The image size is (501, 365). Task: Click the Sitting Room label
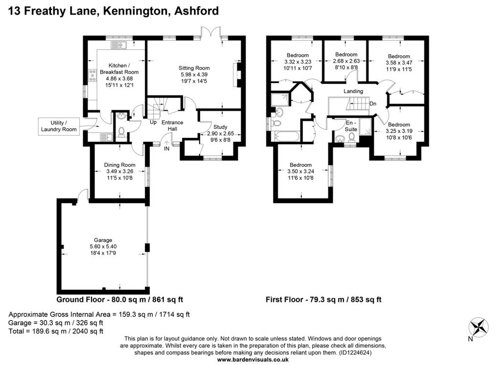[194, 68]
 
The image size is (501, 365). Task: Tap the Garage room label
[103, 240]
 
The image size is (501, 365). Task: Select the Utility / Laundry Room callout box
[59, 126]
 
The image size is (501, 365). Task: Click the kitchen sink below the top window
[119, 45]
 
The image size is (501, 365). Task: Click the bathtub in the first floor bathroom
[287, 137]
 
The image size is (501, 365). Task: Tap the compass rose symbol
[478, 327]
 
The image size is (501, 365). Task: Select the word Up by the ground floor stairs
[153, 122]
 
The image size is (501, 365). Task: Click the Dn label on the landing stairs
[373, 104]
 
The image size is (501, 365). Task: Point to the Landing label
[353, 91]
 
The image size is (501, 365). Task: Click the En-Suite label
[351, 126]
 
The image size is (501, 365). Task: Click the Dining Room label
[119, 165]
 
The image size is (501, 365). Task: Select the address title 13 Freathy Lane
[52, 11]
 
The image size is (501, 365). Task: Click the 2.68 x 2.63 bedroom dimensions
[346, 61]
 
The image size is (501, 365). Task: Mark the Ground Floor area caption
[119, 299]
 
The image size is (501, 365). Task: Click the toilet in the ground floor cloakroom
[121, 132]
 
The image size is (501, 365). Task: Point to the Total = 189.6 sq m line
[56, 331]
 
